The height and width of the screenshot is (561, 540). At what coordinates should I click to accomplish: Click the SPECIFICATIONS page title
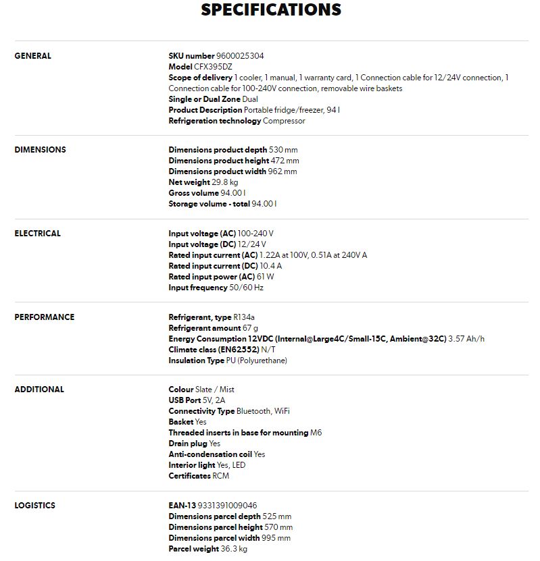(x=271, y=10)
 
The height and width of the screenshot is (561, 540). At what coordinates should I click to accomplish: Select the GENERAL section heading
(x=32, y=56)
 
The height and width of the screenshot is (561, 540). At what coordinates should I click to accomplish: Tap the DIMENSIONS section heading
(x=40, y=150)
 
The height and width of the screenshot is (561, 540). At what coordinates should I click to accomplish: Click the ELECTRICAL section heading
(x=37, y=234)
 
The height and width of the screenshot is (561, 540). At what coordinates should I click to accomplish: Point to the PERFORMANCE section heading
(x=44, y=317)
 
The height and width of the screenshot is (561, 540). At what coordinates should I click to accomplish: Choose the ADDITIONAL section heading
(x=39, y=390)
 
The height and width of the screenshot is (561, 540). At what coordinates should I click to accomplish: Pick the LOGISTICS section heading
(x=34, y=506)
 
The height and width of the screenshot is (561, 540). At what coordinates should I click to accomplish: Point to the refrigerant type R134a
(x=245, y=317)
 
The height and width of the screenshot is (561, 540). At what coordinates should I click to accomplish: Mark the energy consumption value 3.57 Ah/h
(x=466, y=339)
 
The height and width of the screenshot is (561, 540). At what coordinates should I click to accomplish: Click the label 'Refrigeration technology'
(x=214, y=121)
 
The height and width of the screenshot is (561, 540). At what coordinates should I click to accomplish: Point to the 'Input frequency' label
(x=197, y=288)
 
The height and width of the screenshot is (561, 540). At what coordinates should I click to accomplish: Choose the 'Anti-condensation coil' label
(x=210, y=454)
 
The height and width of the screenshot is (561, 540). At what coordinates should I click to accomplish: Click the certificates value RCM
(x=220, y=476)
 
